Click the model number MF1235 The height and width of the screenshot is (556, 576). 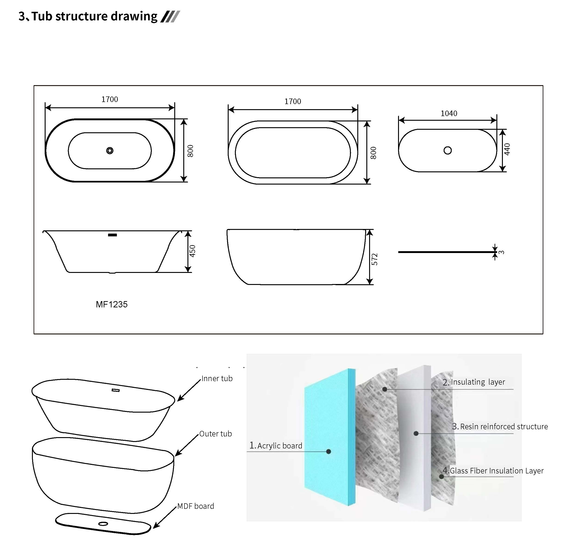pos(112,304)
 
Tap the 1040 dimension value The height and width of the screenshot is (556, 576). pos(449,113)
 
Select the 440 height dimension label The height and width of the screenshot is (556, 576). pos(507,149)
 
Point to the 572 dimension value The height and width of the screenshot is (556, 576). pos(374,259)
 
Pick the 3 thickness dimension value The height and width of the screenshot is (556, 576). pos(502,252)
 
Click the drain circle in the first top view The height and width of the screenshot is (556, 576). pos(110,151)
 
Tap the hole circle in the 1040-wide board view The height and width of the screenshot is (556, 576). pos(447,150)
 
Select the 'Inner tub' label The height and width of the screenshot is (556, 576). pos(217,379)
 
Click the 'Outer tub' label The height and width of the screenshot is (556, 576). pos(215,434)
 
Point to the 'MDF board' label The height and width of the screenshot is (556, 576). pos(196,506)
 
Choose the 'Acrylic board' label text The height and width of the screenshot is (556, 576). pos(280,446)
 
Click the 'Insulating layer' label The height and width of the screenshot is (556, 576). pos(478,382)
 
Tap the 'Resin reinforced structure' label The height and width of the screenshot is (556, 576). pos(504,426)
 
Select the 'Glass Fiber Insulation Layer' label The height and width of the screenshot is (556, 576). pos(496,471)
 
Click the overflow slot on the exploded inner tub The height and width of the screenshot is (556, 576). pos(115,390)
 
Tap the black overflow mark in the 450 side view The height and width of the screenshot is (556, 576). pos(112,235)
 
